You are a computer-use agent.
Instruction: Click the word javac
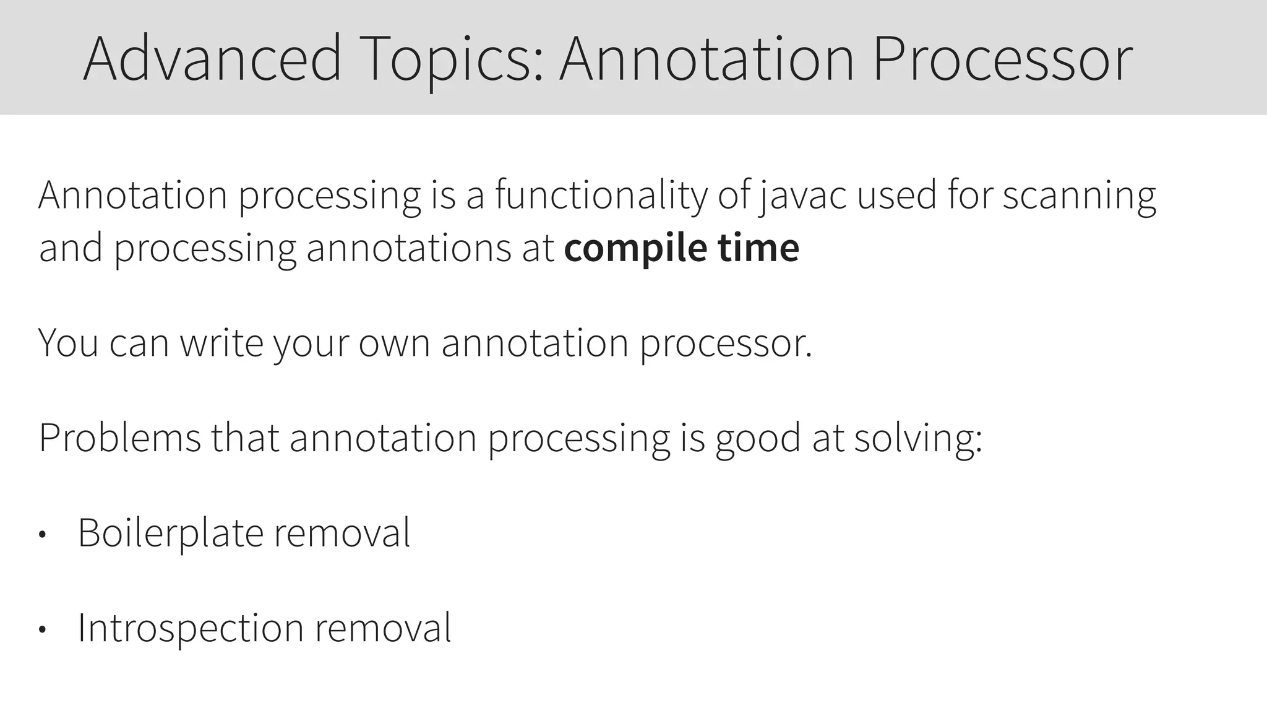coord(802,196)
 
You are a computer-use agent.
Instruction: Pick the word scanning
coord(1079,196)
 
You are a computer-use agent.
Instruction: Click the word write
coord(221,342)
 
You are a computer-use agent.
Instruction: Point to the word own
coord(394,342)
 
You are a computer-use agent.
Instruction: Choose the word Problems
coord(120,438)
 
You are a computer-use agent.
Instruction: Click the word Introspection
coord(191,628)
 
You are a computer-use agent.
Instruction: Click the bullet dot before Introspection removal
coord(42,630)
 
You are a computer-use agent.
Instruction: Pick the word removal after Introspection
coord(384,628)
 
